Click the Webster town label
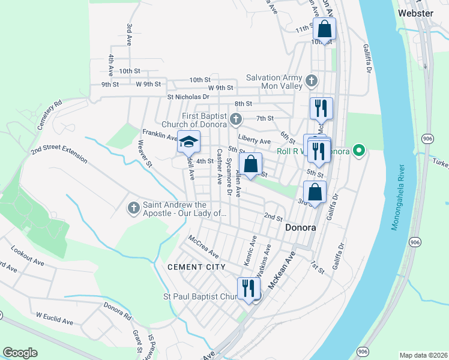tap(415, 13)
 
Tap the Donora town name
tap(300, 228)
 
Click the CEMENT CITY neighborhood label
tap(196, 266)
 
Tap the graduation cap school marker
tap(188, 142)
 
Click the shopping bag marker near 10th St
tap(324, 29)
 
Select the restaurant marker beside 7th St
tap(321, 108)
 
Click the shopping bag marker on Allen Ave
tap(250, 164)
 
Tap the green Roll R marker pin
tap(359, 150)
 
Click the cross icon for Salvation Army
tap(311, 80)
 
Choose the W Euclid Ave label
tap(55, 318)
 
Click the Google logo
tap(20, 353)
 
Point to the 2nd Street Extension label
tap(59, 152)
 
